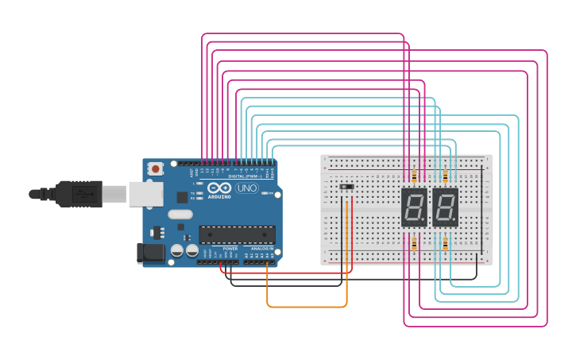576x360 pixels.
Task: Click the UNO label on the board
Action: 246,188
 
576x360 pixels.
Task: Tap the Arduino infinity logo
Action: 219,188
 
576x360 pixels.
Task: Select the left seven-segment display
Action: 414,207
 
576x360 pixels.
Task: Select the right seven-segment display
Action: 445,207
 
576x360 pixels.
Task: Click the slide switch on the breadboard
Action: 346,188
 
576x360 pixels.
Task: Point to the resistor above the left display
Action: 414,176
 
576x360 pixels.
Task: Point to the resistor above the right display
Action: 445,176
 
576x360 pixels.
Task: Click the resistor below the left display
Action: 414,242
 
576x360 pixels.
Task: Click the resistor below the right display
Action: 445,242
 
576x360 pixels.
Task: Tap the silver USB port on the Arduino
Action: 146,195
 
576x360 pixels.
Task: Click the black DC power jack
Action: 151,254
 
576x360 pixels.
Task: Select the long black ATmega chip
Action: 237,234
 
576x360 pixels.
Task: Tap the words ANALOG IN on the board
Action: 262,249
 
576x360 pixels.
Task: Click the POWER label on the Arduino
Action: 230,249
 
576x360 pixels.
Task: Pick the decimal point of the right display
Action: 456,223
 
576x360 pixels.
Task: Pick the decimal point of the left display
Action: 425,223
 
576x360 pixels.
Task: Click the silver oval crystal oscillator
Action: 180,214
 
